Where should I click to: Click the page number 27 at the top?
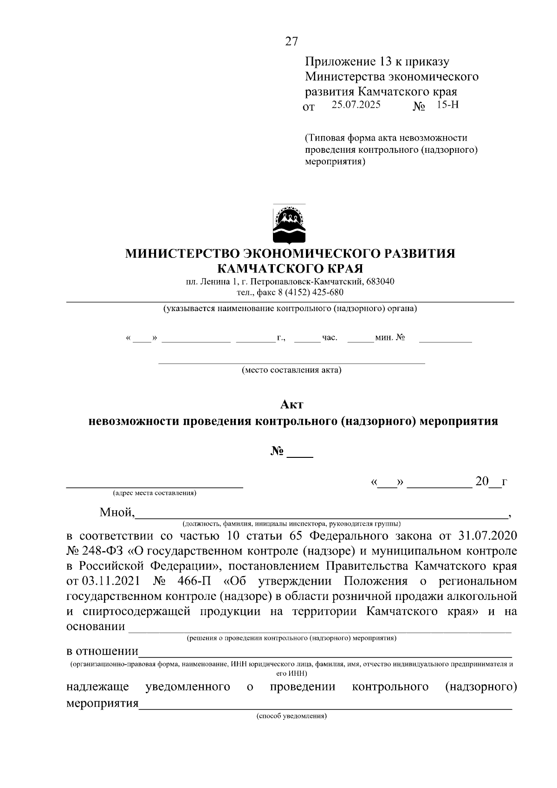(x=291, y=41)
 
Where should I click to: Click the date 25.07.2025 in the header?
(x=356, y=105)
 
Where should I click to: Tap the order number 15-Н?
(x=447, y=105)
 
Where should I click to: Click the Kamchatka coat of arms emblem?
(x=289, y=224)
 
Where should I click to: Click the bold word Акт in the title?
(x=291, y=404)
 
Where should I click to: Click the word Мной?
(x=117, y=513)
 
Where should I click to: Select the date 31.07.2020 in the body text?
(x=487, y=536)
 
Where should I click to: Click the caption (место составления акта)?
(x=291, y=371)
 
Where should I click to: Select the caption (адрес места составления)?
(x=154, y=493)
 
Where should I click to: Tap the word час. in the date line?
(x=330, y=338)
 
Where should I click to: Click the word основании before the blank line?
(x=96, y=626)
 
